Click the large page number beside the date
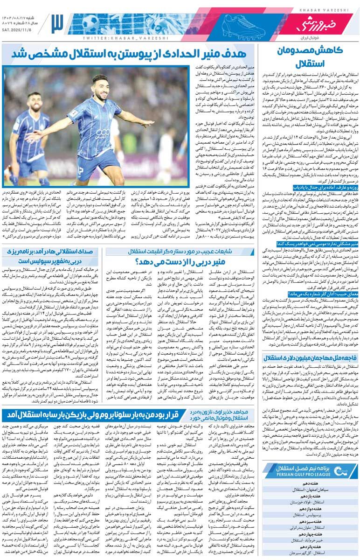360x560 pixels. [56, 22]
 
